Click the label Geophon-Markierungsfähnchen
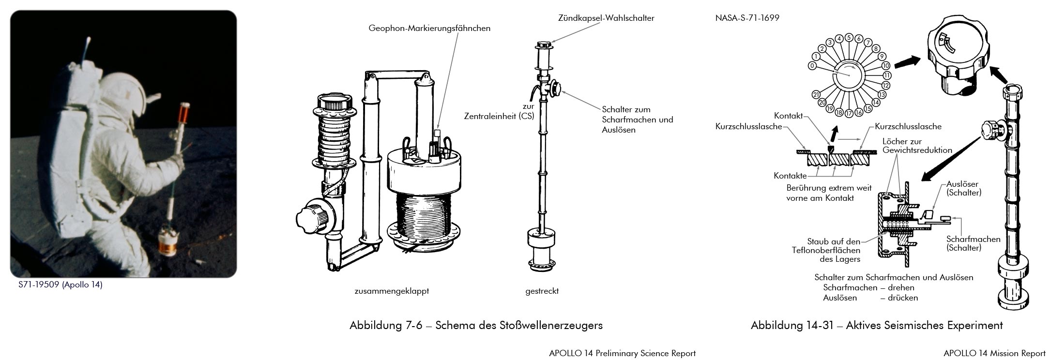coord(429,28)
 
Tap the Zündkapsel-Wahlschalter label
coord(606,18)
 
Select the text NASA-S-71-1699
coord(747,18)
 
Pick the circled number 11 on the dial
coord(887,75)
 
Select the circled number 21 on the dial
coord(816,95)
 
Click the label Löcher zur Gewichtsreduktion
coord(917,146)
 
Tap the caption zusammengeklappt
coord(392,291)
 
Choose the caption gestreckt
coord(542,291)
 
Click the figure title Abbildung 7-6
coord(476,325)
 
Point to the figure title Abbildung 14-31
coord(876,325)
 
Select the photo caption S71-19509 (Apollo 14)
coord(61,285)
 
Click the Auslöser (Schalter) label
coord(963,188)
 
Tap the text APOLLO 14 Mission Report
coord(994,353)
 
